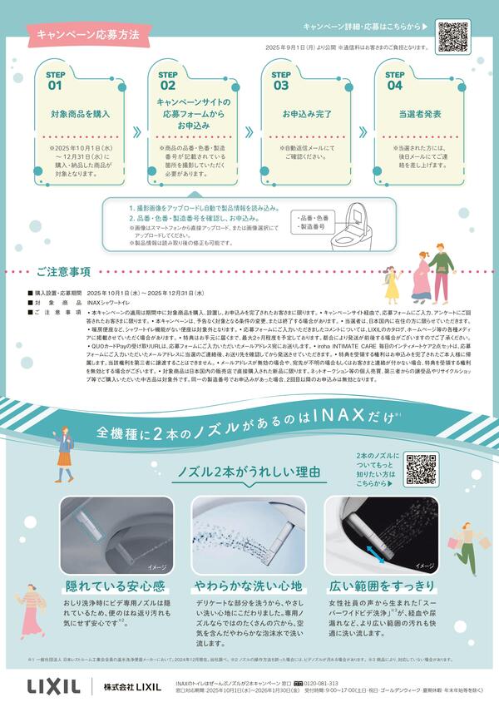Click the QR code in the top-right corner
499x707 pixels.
[454, 36]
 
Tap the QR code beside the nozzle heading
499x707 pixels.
[422, 469]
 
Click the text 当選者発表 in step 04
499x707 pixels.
[396, 112]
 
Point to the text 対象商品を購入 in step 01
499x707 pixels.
[78, 112]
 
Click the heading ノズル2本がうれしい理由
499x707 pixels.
[250, 472]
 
